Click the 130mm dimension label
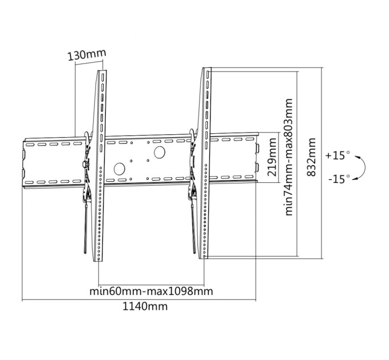pyautogui.click(x=87, y=55)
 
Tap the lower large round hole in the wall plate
pyautogui.click(x=120, y=170)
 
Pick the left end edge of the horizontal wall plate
pyautogui.click(x=23, y=162)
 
